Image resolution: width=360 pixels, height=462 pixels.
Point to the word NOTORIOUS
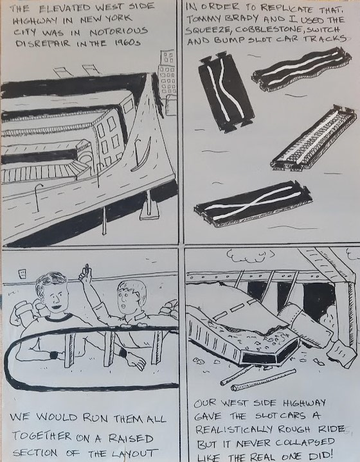click(x=118, y=31)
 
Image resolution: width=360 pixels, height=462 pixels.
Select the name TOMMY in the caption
click(x=203, y=19)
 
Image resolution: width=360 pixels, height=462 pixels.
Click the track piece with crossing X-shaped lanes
click(x=253, y=204)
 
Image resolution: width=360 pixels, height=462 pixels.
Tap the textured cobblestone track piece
click(x=314, y=138)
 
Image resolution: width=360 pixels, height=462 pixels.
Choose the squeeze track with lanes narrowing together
click(x=226, y=92)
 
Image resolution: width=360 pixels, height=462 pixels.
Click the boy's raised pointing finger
click(x=86, y=268)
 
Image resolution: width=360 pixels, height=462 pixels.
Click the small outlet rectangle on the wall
click(x=21, y=274)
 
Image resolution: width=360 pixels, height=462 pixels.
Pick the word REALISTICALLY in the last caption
click(x=234, y=429)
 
